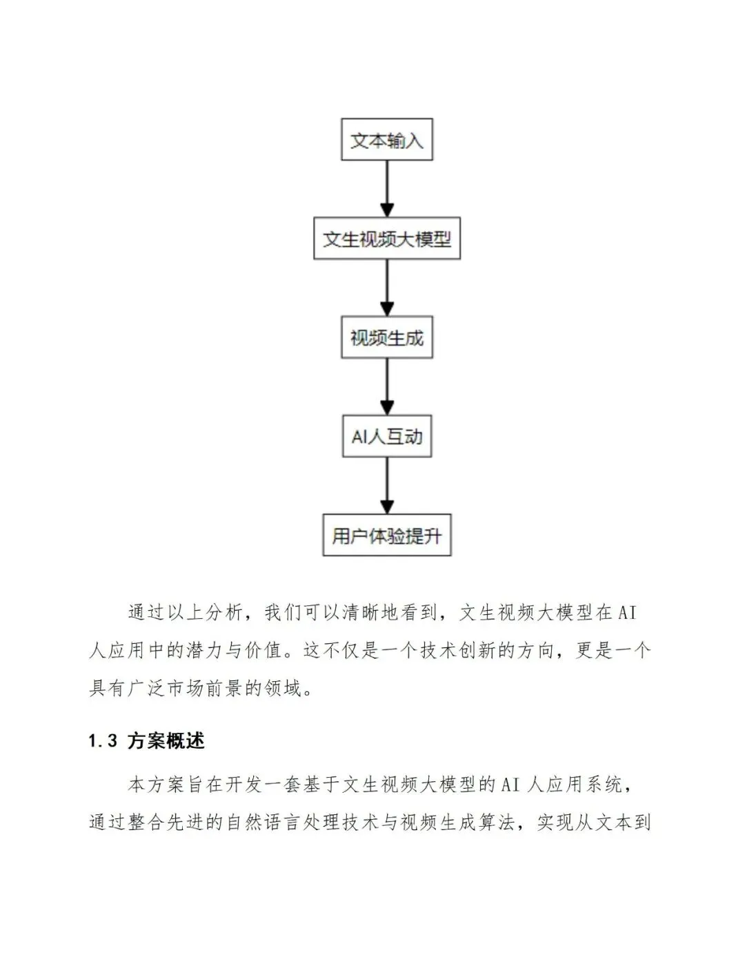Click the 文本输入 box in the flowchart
(x=386, y=140)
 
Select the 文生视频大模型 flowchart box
(x=386, y=239)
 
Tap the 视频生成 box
(x=386, y=337)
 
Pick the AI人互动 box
(x=386, y=436)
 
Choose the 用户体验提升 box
(x=386, y=535)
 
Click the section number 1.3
(x=103, y=741)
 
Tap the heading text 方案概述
(x=166, y=741)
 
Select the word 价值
(x=264, y=650)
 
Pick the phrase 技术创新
(x=457, y=650)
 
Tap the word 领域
(x=284, y=688)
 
